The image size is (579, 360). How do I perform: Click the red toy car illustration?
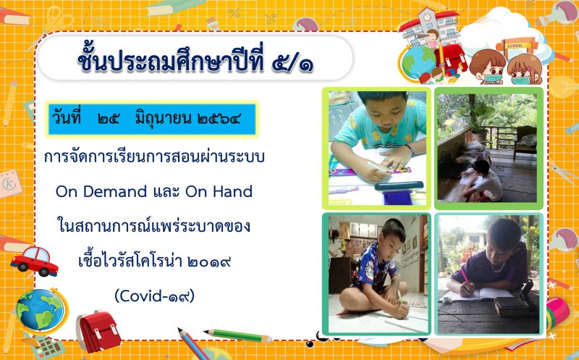coord(34,261)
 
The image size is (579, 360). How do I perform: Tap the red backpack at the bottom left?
coord(98,330)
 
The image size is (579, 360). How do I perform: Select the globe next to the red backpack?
coord(41,311)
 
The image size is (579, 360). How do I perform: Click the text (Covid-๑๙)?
coord(154,296)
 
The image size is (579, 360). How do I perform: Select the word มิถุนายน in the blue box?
coord(163,119)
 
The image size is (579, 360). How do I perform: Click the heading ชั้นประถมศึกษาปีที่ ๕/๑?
coord(195,59)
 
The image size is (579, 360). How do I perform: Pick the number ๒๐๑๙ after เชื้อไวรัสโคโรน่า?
coord(209,261)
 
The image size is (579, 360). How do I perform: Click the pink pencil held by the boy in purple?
coord(464,275)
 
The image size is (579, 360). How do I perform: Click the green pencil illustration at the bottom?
coord(238,335)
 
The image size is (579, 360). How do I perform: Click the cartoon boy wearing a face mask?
coord(489,67)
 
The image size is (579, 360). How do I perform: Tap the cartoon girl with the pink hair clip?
coord(524,69)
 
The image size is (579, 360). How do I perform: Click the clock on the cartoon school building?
coord(427,17)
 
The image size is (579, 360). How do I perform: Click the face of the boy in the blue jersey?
coord(394,238)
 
